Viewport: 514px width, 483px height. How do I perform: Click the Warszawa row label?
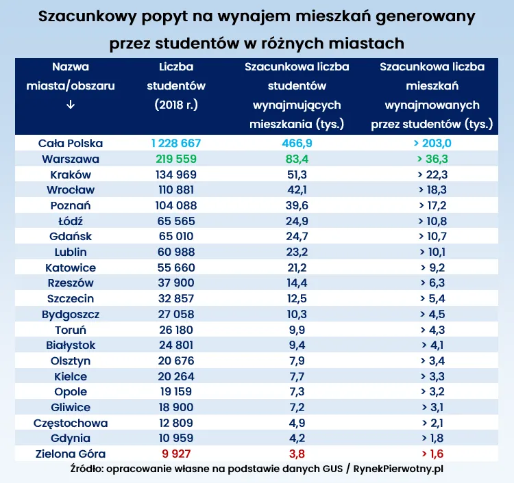[x=71, y=159]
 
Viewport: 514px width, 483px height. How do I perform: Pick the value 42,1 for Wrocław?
[x=297, y=190]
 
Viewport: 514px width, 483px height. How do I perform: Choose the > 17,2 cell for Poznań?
[x=432, y=205]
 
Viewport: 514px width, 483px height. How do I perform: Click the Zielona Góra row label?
[x=71, y=453]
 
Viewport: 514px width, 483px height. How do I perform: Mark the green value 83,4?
[x=297, y=159]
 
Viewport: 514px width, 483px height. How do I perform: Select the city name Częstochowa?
[x=71, y=422]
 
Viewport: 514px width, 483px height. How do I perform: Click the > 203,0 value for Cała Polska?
[x=432, y=144]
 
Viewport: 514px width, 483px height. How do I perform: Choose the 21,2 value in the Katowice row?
[x=297, y=267]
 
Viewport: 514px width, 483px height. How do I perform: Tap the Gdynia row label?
[x=71, y=438]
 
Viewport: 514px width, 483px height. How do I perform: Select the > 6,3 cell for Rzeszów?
[x=432, y=283]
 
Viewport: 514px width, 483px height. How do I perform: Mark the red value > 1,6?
[x=432, y=453]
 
